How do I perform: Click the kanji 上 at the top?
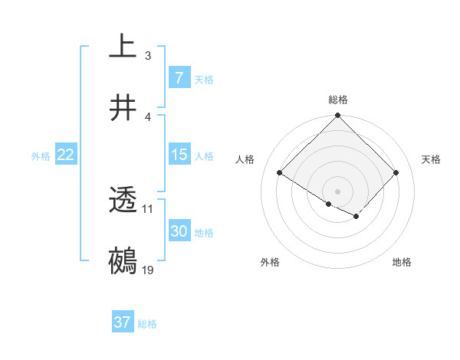(122, 47)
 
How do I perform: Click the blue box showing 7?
(179, 77)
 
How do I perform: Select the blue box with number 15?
(179, 155)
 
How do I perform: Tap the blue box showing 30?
(179, 231)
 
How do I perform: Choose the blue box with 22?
(65, 155)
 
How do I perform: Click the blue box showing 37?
(122, 322)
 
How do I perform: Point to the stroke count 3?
(147, 55)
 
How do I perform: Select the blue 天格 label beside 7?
(203, 79)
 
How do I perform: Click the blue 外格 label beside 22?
(41, 156)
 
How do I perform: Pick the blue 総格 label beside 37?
(147, 324)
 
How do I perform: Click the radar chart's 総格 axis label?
(337, 100)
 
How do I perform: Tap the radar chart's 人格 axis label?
(245, 159)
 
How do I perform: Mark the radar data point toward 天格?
(396, 172)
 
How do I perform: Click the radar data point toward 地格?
(356, 217)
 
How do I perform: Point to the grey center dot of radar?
(337, 191)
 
